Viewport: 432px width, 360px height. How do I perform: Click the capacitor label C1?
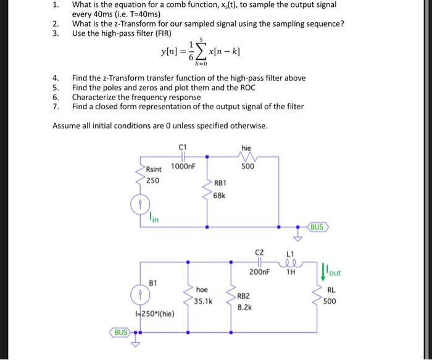coord(182,146)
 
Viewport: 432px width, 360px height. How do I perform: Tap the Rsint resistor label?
coord(154,169)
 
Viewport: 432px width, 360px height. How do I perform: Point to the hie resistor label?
coord(247,147)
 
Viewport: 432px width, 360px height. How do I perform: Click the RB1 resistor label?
coord(220,183)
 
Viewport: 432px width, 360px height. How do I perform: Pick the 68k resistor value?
coord(220,195)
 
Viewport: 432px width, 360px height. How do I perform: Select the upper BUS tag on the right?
coord(317,227)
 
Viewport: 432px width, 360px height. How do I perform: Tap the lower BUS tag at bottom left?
coord(121,332)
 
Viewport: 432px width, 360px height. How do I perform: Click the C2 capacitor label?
coord(259,252)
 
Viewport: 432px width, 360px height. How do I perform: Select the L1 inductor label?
coord(291,253)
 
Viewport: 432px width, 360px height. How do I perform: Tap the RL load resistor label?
coord(331,290)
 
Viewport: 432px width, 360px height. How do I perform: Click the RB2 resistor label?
coord(244,296)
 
